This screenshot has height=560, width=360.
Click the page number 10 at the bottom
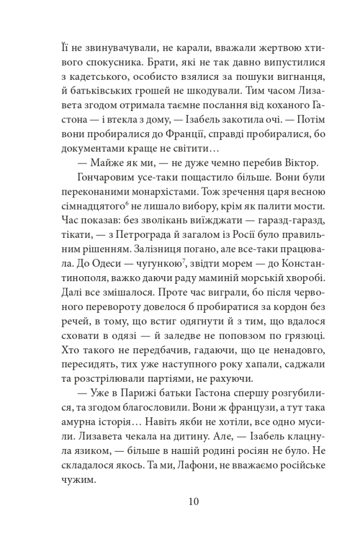[x=180, y=501]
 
